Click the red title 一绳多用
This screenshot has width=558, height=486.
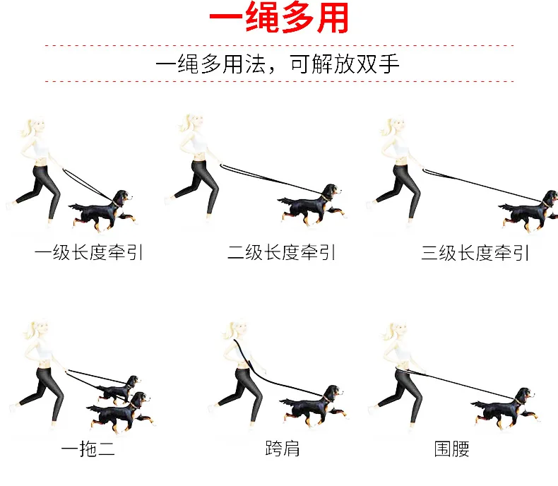pos(279,18)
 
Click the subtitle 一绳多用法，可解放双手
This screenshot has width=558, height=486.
pos(278,64)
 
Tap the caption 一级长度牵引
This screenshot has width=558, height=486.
pos(88,253)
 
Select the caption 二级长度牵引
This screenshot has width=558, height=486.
pos(281,253)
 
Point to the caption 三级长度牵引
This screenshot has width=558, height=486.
pos(475,253)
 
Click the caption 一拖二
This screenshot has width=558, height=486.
pos(88,449)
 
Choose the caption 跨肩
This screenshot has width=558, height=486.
pos(283,449)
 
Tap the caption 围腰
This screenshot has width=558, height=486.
pos(451,449)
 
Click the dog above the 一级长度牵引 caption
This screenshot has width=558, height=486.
pos(102,211)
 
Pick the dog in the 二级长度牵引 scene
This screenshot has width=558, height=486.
pos(311,206)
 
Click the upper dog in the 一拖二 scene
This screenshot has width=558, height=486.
pos(119,389)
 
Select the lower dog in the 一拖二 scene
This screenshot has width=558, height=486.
pos(121,413)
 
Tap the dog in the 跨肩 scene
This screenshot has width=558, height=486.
pos(312,405)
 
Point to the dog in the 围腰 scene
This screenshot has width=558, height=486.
pos(505,408)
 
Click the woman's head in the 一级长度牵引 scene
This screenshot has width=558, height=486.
pos(35,126)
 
